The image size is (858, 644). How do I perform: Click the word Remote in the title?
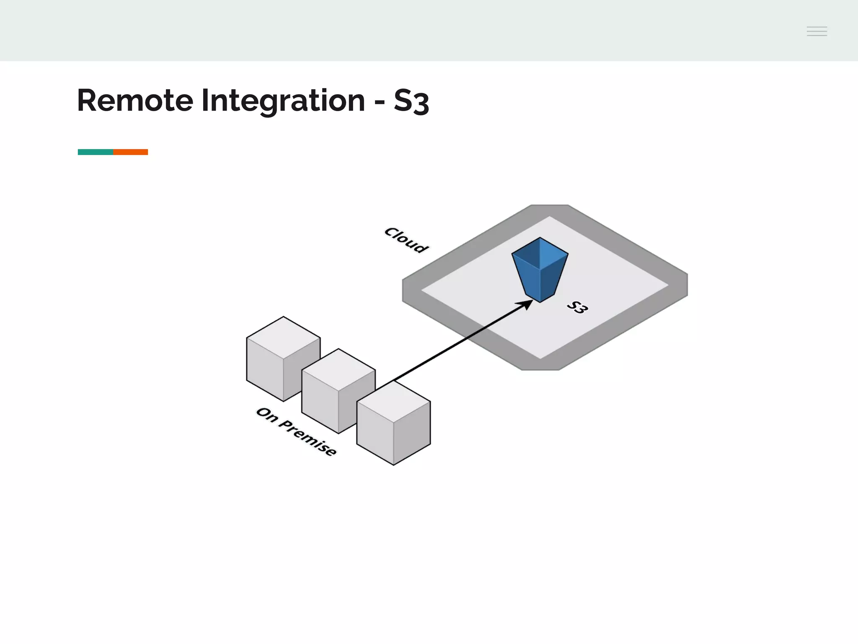[135, 101]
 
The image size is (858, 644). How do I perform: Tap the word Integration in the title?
[283, 101]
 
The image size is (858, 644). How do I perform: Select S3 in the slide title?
[411, 101]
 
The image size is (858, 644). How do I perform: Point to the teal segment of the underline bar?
[96, 152]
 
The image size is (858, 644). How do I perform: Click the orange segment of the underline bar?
[130, 152]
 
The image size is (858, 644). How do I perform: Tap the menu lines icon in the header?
[817, 31]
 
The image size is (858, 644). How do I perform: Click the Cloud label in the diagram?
[406, 240]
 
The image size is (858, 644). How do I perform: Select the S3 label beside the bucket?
[577, 307]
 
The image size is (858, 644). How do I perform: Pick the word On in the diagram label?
[267, 415]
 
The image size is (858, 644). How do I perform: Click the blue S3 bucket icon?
[540, 277]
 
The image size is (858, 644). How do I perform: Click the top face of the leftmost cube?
[283, 337]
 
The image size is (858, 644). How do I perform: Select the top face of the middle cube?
[339, 369]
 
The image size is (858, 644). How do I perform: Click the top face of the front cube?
[393, 401]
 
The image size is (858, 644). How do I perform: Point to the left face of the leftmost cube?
[265, 369]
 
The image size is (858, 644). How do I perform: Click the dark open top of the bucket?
[540, 254]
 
